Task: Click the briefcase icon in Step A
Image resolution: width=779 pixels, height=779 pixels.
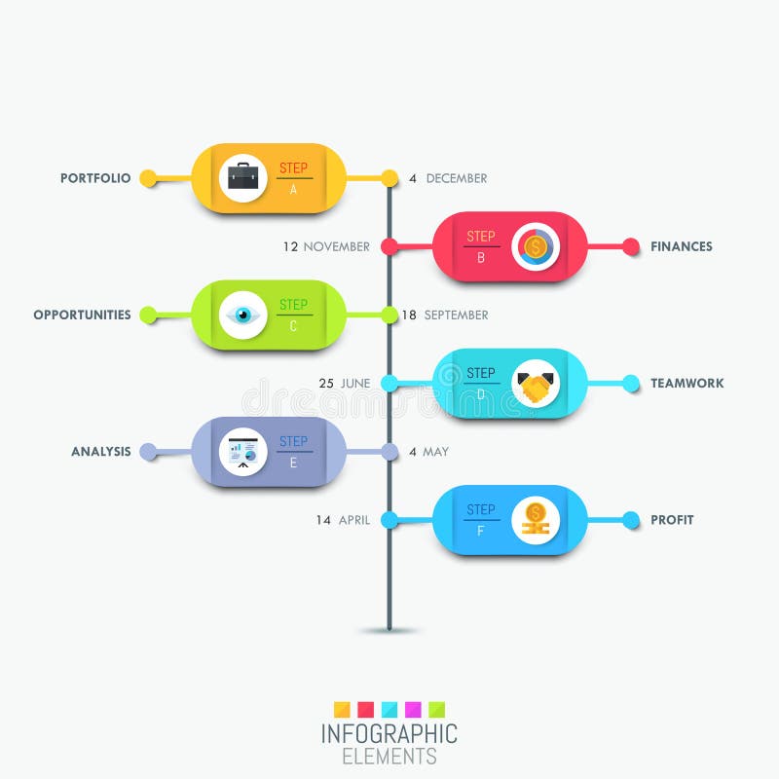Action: point(243,177)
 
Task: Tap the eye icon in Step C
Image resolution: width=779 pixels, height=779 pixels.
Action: point(243,315)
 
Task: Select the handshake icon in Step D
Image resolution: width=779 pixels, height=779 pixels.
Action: point(535,385)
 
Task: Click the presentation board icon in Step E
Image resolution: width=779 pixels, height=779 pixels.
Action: point(243,452)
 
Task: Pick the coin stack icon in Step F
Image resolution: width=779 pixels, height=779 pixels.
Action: point(535,519)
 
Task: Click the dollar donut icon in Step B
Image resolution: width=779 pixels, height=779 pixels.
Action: point(535,247)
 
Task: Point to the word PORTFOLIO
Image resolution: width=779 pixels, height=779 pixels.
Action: point(95,178)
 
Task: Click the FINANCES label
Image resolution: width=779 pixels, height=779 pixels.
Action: point(682,247)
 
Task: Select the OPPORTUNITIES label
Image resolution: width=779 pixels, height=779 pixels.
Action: point(82,315)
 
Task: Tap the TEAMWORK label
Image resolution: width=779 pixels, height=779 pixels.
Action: point(687,384)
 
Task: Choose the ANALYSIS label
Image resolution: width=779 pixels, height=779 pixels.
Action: point(100,452)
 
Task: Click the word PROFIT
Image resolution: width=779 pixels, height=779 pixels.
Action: point(672,520)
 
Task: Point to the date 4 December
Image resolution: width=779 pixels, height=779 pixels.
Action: point(448,178)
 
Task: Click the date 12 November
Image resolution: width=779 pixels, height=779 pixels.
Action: point(326,247)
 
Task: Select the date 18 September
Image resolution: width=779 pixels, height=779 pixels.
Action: point(445,315)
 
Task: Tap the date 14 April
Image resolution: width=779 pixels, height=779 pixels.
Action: point(343,520)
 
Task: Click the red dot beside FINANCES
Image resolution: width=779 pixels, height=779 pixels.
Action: point(631,247)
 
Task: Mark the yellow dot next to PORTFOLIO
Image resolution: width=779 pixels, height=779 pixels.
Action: point(148,178)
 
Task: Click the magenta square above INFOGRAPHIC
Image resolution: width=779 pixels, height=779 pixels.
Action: point(413,709)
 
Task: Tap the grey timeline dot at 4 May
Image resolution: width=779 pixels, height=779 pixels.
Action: point(389,452)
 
